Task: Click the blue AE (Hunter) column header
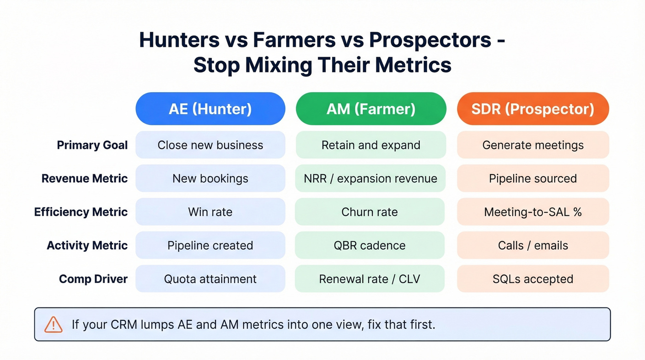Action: pyautogui.click(x=210, y=109)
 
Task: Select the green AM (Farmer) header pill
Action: pyautogui.click(x=371, y=109)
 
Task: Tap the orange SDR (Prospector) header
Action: pyautogui.click(x=533, y=109)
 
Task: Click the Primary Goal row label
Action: pyautogui.click(x=92, y=145)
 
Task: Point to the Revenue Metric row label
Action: pyautogui.click(x=84, y=178)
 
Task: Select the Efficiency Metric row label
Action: pyautogui.click(x=81, y=212)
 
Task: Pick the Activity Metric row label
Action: pyautogui.click(x=87, y=245)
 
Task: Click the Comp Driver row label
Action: pyautogui.click(x=93, y=279)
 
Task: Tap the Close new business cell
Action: pyautogui.click(x=210, y=145)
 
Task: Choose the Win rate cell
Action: pyautogui.click(x=210, y=212)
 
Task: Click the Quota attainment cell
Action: pyautogui.click(x=210, y=279)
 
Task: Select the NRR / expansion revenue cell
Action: pyautogui.click(x=370, y=178)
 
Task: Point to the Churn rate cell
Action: pyautogui.click(x=369, y=212)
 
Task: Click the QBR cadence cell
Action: pyautogui.click(x=369, y=245)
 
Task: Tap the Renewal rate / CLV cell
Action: pyautogui.click(x=369, y=279)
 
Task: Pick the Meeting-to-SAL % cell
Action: pyautogui.click(x=533, y=212)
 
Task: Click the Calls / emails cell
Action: pyautogui.click(x=533, y=245)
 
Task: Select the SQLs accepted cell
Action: pyautogui.click(x=533, y=279)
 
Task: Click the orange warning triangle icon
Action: pyautogui.click(x=53, y=325)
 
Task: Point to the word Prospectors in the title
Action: pyautogui.click(x=430, y=40)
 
